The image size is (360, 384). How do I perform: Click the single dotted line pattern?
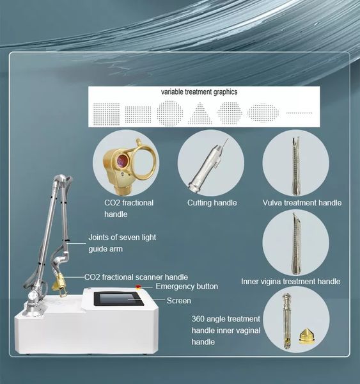tap(299, 113)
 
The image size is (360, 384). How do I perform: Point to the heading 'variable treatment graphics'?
tap(199, 92)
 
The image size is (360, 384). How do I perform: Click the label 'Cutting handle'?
tap(212, 203)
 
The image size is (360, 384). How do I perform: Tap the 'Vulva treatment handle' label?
tap(302, 203)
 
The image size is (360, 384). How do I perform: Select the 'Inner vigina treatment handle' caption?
tap(290, 282)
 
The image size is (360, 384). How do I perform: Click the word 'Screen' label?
tap(178, 301)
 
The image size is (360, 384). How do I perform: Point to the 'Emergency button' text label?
tap(186, 287)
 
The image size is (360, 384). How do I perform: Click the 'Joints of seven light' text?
tap(121, 237)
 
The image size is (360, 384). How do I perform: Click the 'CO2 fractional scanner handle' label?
tap(136, 277)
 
